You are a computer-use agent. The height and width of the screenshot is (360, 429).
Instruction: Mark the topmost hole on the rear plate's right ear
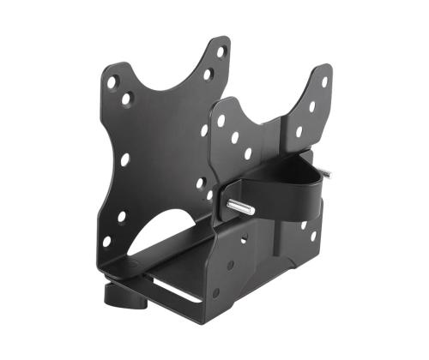(x=221, y=52)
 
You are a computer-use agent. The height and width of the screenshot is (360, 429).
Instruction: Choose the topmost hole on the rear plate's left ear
(x=112, y=82)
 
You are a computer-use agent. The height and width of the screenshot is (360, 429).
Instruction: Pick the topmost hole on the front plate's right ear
(x=323, y=82)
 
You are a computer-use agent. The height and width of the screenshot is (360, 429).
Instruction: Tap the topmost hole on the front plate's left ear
(x=221, y=121)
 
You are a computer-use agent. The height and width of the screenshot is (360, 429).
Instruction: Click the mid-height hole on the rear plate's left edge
(x=124, y=159)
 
